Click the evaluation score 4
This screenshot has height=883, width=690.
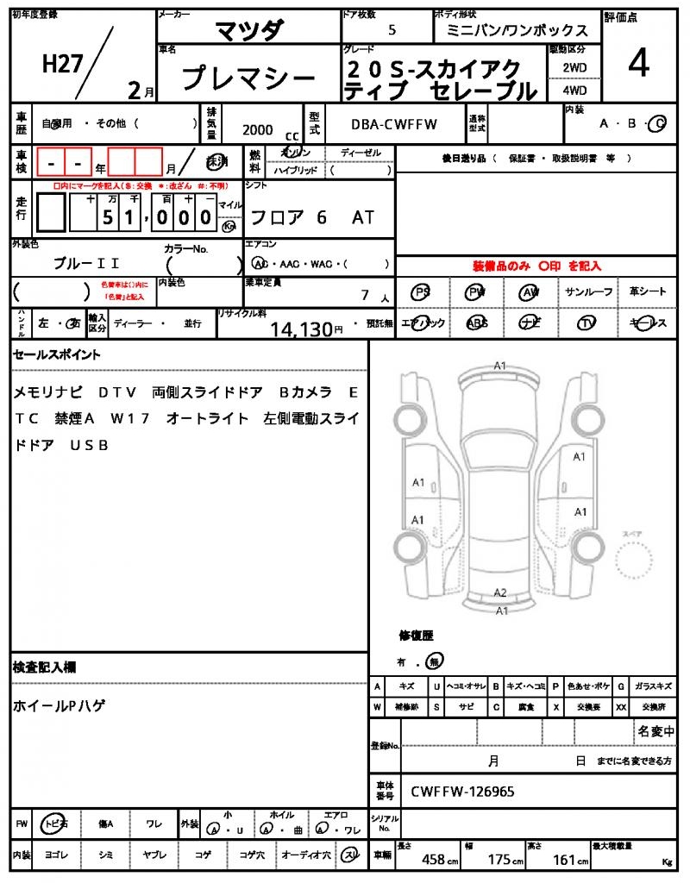[x=637, y=65]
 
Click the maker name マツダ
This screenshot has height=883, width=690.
[x=248, y=30]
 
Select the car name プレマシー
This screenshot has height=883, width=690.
[x=248, y=79]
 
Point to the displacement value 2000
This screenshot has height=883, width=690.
[x=258, y=129]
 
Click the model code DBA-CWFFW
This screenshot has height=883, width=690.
[x=394, y=124]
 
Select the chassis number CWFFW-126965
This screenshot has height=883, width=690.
[x=463, y=791]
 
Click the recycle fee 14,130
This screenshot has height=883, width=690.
[x=301, y=329]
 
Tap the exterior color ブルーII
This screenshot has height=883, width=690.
[x=86, y=263]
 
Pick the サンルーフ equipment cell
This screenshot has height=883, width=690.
[x=589, y=292]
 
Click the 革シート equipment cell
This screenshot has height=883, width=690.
[x=648, y=292]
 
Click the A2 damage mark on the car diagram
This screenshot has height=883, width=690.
[x=499, y=592]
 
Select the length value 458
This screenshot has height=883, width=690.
[x=433, y=859]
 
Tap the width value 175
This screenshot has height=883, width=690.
[x=499, y=859]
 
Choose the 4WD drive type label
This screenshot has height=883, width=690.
[x=574, y=89]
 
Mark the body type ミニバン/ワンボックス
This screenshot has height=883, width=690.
[x=517, y=30]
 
